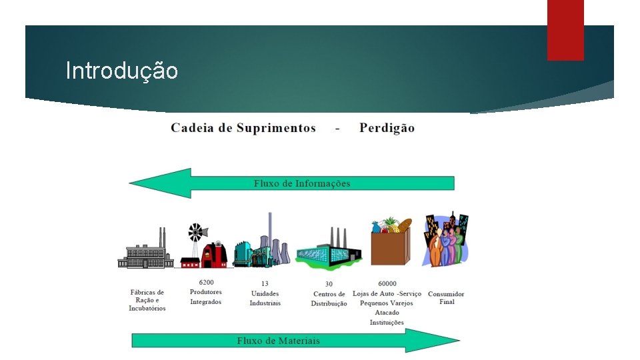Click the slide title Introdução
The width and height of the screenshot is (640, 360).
(x=122, y=70)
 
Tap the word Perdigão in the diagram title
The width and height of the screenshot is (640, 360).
(x=387, y=128)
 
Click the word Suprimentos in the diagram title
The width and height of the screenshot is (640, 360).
(x=276, y=128)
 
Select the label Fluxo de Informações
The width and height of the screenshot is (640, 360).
(x=301, y=183)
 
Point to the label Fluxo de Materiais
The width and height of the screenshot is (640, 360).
(x=278, y=341)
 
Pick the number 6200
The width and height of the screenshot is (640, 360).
(x=206, y=282)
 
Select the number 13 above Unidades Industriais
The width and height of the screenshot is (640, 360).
(x=265, y=283)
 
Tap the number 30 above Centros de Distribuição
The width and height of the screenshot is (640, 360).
(x=329, y=284)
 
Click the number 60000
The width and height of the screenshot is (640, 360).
(x=387, y=283)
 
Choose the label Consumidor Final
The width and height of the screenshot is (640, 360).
(x=446, y=297)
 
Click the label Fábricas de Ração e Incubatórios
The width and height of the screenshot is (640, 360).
(x=147, y=300)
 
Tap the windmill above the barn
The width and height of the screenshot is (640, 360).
(x=195, y=233)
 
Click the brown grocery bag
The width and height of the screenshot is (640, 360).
(x=389, y=247)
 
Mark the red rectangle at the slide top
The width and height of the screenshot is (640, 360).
(x=565, y=30)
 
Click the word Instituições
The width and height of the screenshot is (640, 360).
(x=387, y=323)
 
